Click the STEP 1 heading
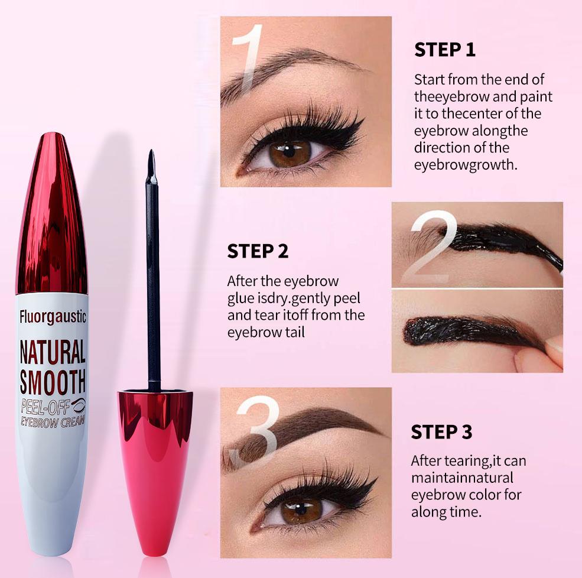pyautogui.click(x=444, y=50)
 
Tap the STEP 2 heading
pyautogui.click(x=258, y=251)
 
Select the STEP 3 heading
pyautogui.click(x=441, y=432)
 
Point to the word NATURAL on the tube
pyautogui.click(x=53, y=352)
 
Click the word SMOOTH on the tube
pyautogui.click(x=53, y=381)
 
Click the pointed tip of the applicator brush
pyautogui.click(x=151, y=158)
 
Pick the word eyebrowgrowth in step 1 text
pyautogui.click(x=466, y=165)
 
